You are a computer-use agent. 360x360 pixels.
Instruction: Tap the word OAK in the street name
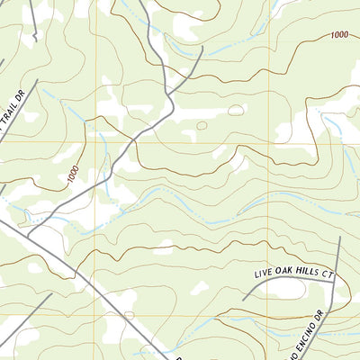pyautogui.click(x=282, y=271)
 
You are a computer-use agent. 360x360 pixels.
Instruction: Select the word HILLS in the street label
pyautogui.click(x=307, y=271)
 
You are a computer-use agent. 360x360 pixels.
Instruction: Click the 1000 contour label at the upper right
pyautogui.click(x=339, y=34)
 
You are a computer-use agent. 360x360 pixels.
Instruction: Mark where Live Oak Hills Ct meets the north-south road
pyautogui.click(x=335, y=281)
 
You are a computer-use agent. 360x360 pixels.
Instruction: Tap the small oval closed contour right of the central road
pyautogui.click(x=236, y=110)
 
